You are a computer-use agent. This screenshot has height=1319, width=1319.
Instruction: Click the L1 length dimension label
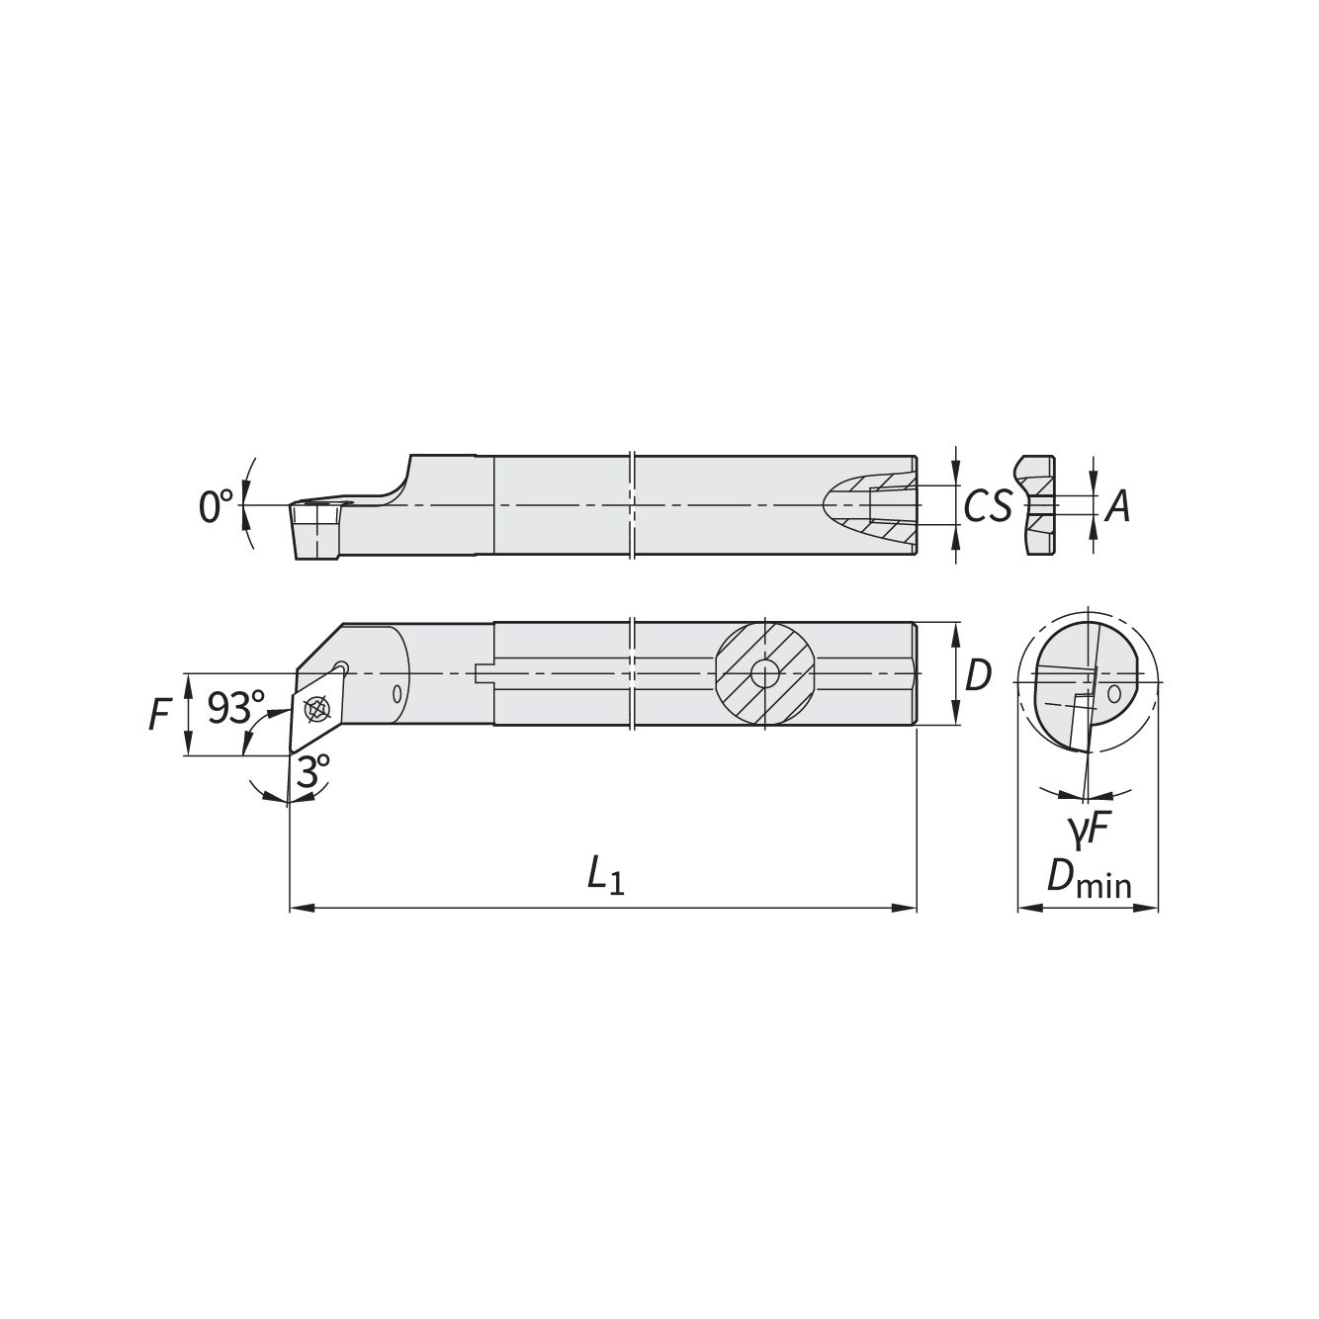pyautogui.click(x=606, y=876)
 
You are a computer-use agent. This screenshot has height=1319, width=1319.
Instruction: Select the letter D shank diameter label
pyautogui.click(x=978, y=675)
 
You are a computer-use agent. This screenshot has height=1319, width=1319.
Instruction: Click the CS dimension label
pyautogui.click(x=988, y=506)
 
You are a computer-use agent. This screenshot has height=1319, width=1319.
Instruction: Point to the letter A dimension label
pyautogui.click(x=1118, y=507)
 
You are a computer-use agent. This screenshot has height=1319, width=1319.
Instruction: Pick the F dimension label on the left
pyautogui.click(x=159, y=716)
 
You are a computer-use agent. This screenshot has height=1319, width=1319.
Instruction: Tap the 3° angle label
pyautogui.click(x=312, y=771)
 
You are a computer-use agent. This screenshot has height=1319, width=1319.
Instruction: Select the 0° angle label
pyautogui.click(x=216, y=506)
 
